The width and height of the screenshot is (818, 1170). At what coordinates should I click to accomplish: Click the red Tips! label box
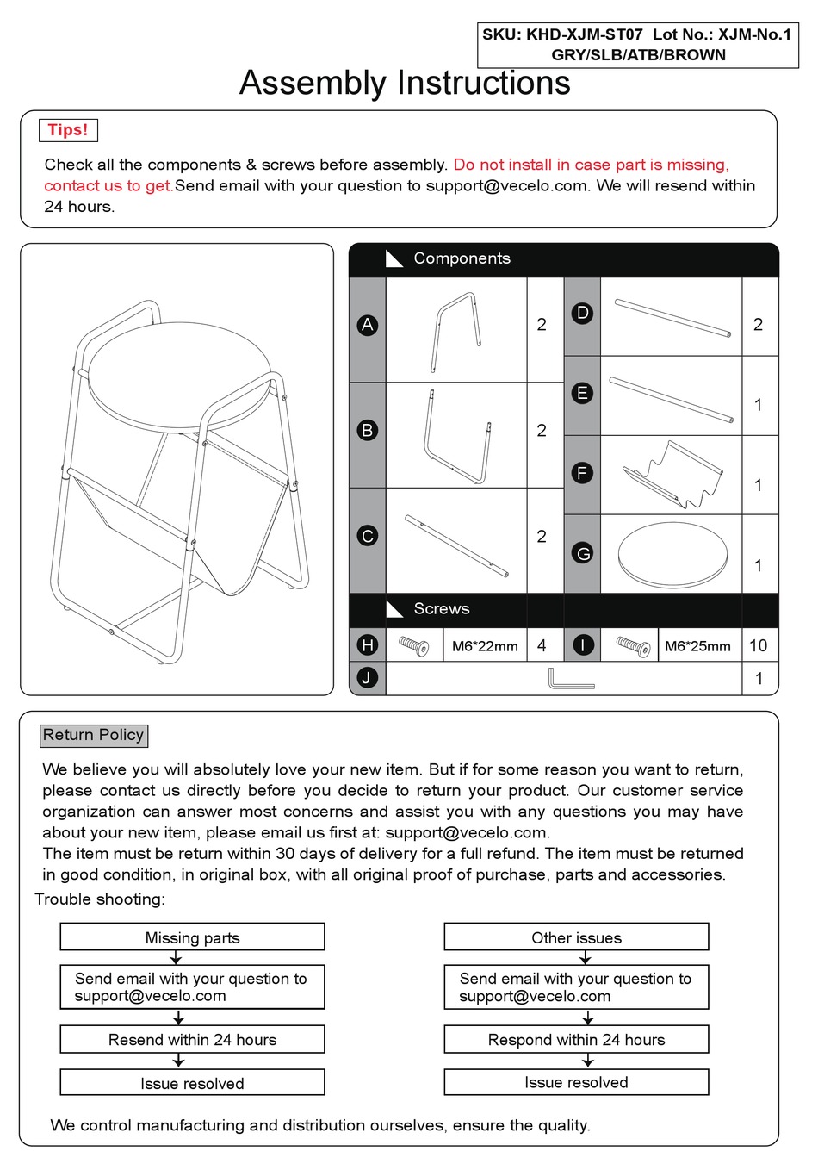point(68,130)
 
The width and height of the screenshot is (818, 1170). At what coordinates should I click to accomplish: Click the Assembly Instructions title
point(405,84)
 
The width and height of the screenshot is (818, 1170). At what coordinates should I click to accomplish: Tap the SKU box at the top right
point(638,45)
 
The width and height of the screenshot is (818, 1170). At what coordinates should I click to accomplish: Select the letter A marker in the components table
point(368,325)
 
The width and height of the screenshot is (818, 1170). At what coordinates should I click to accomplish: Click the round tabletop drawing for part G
point(672,555)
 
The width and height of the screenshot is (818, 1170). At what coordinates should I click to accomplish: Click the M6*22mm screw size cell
point(485,646)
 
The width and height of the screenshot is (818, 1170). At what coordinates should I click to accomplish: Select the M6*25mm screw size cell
point(697,646)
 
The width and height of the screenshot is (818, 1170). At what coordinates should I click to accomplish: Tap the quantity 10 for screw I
point(759,645)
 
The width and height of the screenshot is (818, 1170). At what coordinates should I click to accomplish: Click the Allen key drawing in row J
point(571,679)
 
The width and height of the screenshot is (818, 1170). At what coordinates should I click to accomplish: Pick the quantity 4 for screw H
point(542,645)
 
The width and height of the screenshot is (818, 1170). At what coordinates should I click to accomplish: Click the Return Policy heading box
point(94,735)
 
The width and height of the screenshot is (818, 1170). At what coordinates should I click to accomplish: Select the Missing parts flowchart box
point(192,937)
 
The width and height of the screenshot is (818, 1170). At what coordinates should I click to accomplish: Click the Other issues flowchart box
point(576,937)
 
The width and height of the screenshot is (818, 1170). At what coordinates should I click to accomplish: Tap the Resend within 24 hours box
point(192,1039)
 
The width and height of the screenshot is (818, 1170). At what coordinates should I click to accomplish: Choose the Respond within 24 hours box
point(576,1039)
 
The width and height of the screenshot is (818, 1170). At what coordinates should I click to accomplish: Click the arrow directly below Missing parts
point(176,958)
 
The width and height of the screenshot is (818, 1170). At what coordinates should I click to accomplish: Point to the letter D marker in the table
point(583,313)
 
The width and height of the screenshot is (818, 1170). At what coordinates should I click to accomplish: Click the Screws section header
point(441,609)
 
